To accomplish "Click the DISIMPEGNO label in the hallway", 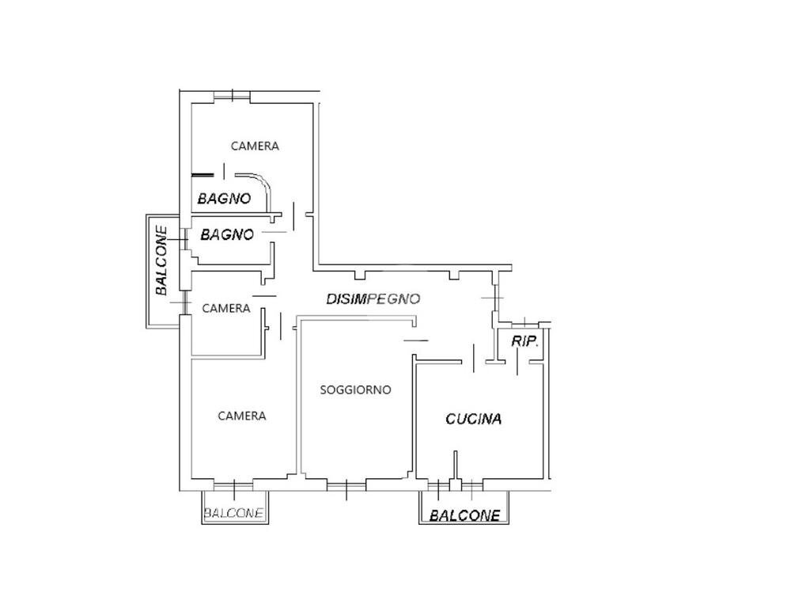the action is click(373, 298).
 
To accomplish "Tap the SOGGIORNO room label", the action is click(355, 389).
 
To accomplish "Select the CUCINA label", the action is click(473, 419).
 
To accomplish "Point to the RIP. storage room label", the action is click(525, 341).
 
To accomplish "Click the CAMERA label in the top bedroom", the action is click(255, 146).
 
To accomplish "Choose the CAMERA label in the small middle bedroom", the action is click(225, 309).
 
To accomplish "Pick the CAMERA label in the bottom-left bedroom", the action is click(242, 416).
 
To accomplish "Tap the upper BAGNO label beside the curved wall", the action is click(224, 199).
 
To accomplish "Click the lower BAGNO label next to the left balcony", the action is click(227, 235).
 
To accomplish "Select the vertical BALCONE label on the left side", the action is click(161, 260).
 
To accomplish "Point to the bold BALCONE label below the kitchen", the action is click(465, 515).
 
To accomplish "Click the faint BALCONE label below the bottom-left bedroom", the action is click(233, 513).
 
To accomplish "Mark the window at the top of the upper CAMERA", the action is click(232, 96).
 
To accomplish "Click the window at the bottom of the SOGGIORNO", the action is click(346, 486).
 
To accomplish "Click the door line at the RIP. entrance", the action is click(517, 362).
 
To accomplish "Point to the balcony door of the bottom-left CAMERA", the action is click(233, 486).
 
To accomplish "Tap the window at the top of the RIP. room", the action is click(525, 325).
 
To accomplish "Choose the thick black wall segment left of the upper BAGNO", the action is click(202, 175).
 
